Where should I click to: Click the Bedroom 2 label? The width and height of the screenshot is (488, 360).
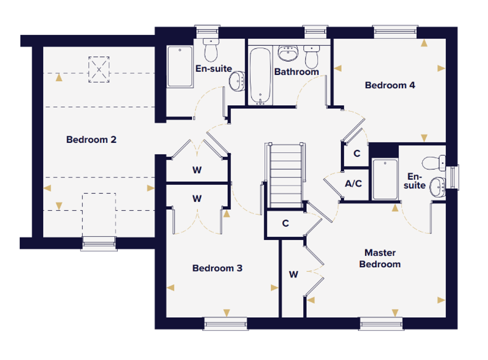[x=91, y=140]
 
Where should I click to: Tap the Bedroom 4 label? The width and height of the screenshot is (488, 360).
[x=390, y=85]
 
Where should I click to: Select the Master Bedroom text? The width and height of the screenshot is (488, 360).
[x=380, y=258]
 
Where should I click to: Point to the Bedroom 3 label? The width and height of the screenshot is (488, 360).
[x=218, y=268]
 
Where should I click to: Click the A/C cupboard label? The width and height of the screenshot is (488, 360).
[x=353, y=183]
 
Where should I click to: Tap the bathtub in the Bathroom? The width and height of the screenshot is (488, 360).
[x=260, y=76]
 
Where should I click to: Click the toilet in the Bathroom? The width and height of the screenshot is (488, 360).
[x=312, y=57]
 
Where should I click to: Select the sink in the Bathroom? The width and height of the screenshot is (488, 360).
[x=288, y=53]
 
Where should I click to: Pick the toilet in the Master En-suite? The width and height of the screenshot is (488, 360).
[x=434, y=163]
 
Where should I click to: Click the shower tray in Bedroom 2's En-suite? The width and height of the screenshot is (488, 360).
[x=180, y=67]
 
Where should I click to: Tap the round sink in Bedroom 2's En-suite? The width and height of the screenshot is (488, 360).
[x=237, y=81]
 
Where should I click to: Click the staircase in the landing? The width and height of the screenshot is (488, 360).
[x=285, y=176]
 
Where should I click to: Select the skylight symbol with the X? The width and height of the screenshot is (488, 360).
[x=99, y=69]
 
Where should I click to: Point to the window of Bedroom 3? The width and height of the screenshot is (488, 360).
[x=225, y=324]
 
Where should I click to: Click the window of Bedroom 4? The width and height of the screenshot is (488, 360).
[x=395, y=32]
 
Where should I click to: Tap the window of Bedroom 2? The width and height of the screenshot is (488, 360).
[x=99, y=244]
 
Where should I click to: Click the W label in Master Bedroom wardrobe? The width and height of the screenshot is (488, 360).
[x=294, y=274]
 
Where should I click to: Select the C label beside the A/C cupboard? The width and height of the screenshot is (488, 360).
[x=357, y=153]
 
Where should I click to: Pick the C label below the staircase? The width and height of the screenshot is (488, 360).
[x=285, y=223]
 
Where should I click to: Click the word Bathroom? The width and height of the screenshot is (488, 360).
[x=296, y=72]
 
